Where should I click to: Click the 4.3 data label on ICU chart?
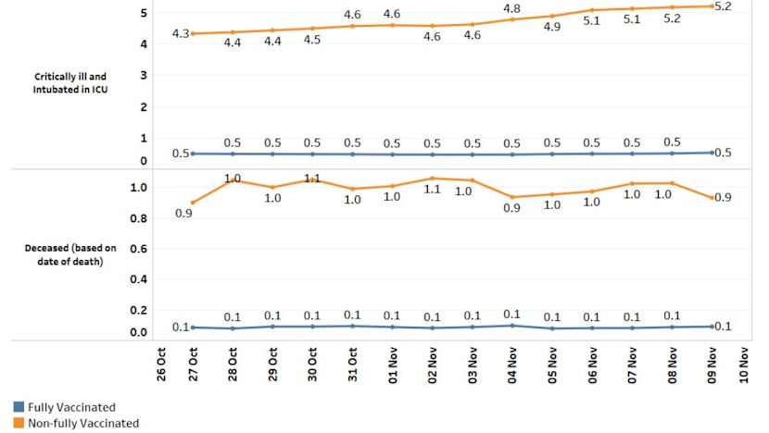[181, 33]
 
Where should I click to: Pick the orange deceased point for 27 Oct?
[192, 203]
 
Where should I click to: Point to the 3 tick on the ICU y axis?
[144, 75]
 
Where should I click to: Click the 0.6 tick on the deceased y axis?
[138, 249]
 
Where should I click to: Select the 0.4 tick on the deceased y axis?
[138, 279]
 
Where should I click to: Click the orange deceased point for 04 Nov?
[512, 197]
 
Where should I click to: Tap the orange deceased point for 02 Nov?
[432, 178]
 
